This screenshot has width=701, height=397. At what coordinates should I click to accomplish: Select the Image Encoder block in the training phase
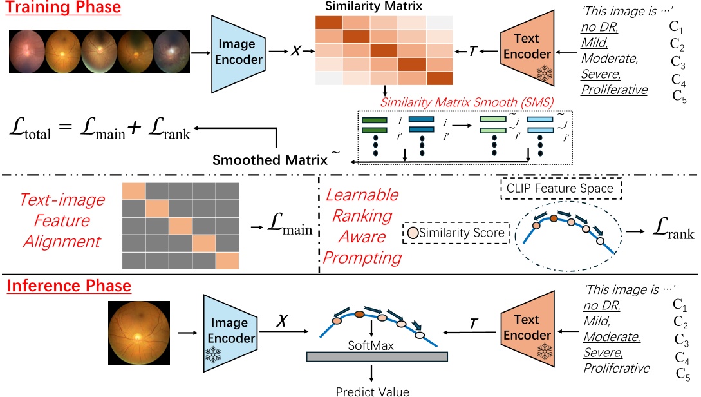tap(239, 51)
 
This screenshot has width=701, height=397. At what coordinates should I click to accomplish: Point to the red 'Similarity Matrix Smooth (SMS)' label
tap(467, 102)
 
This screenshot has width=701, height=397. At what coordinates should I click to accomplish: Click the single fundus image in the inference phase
tap(138, 333)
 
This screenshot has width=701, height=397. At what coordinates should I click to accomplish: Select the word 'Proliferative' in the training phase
tap(614, 89)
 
